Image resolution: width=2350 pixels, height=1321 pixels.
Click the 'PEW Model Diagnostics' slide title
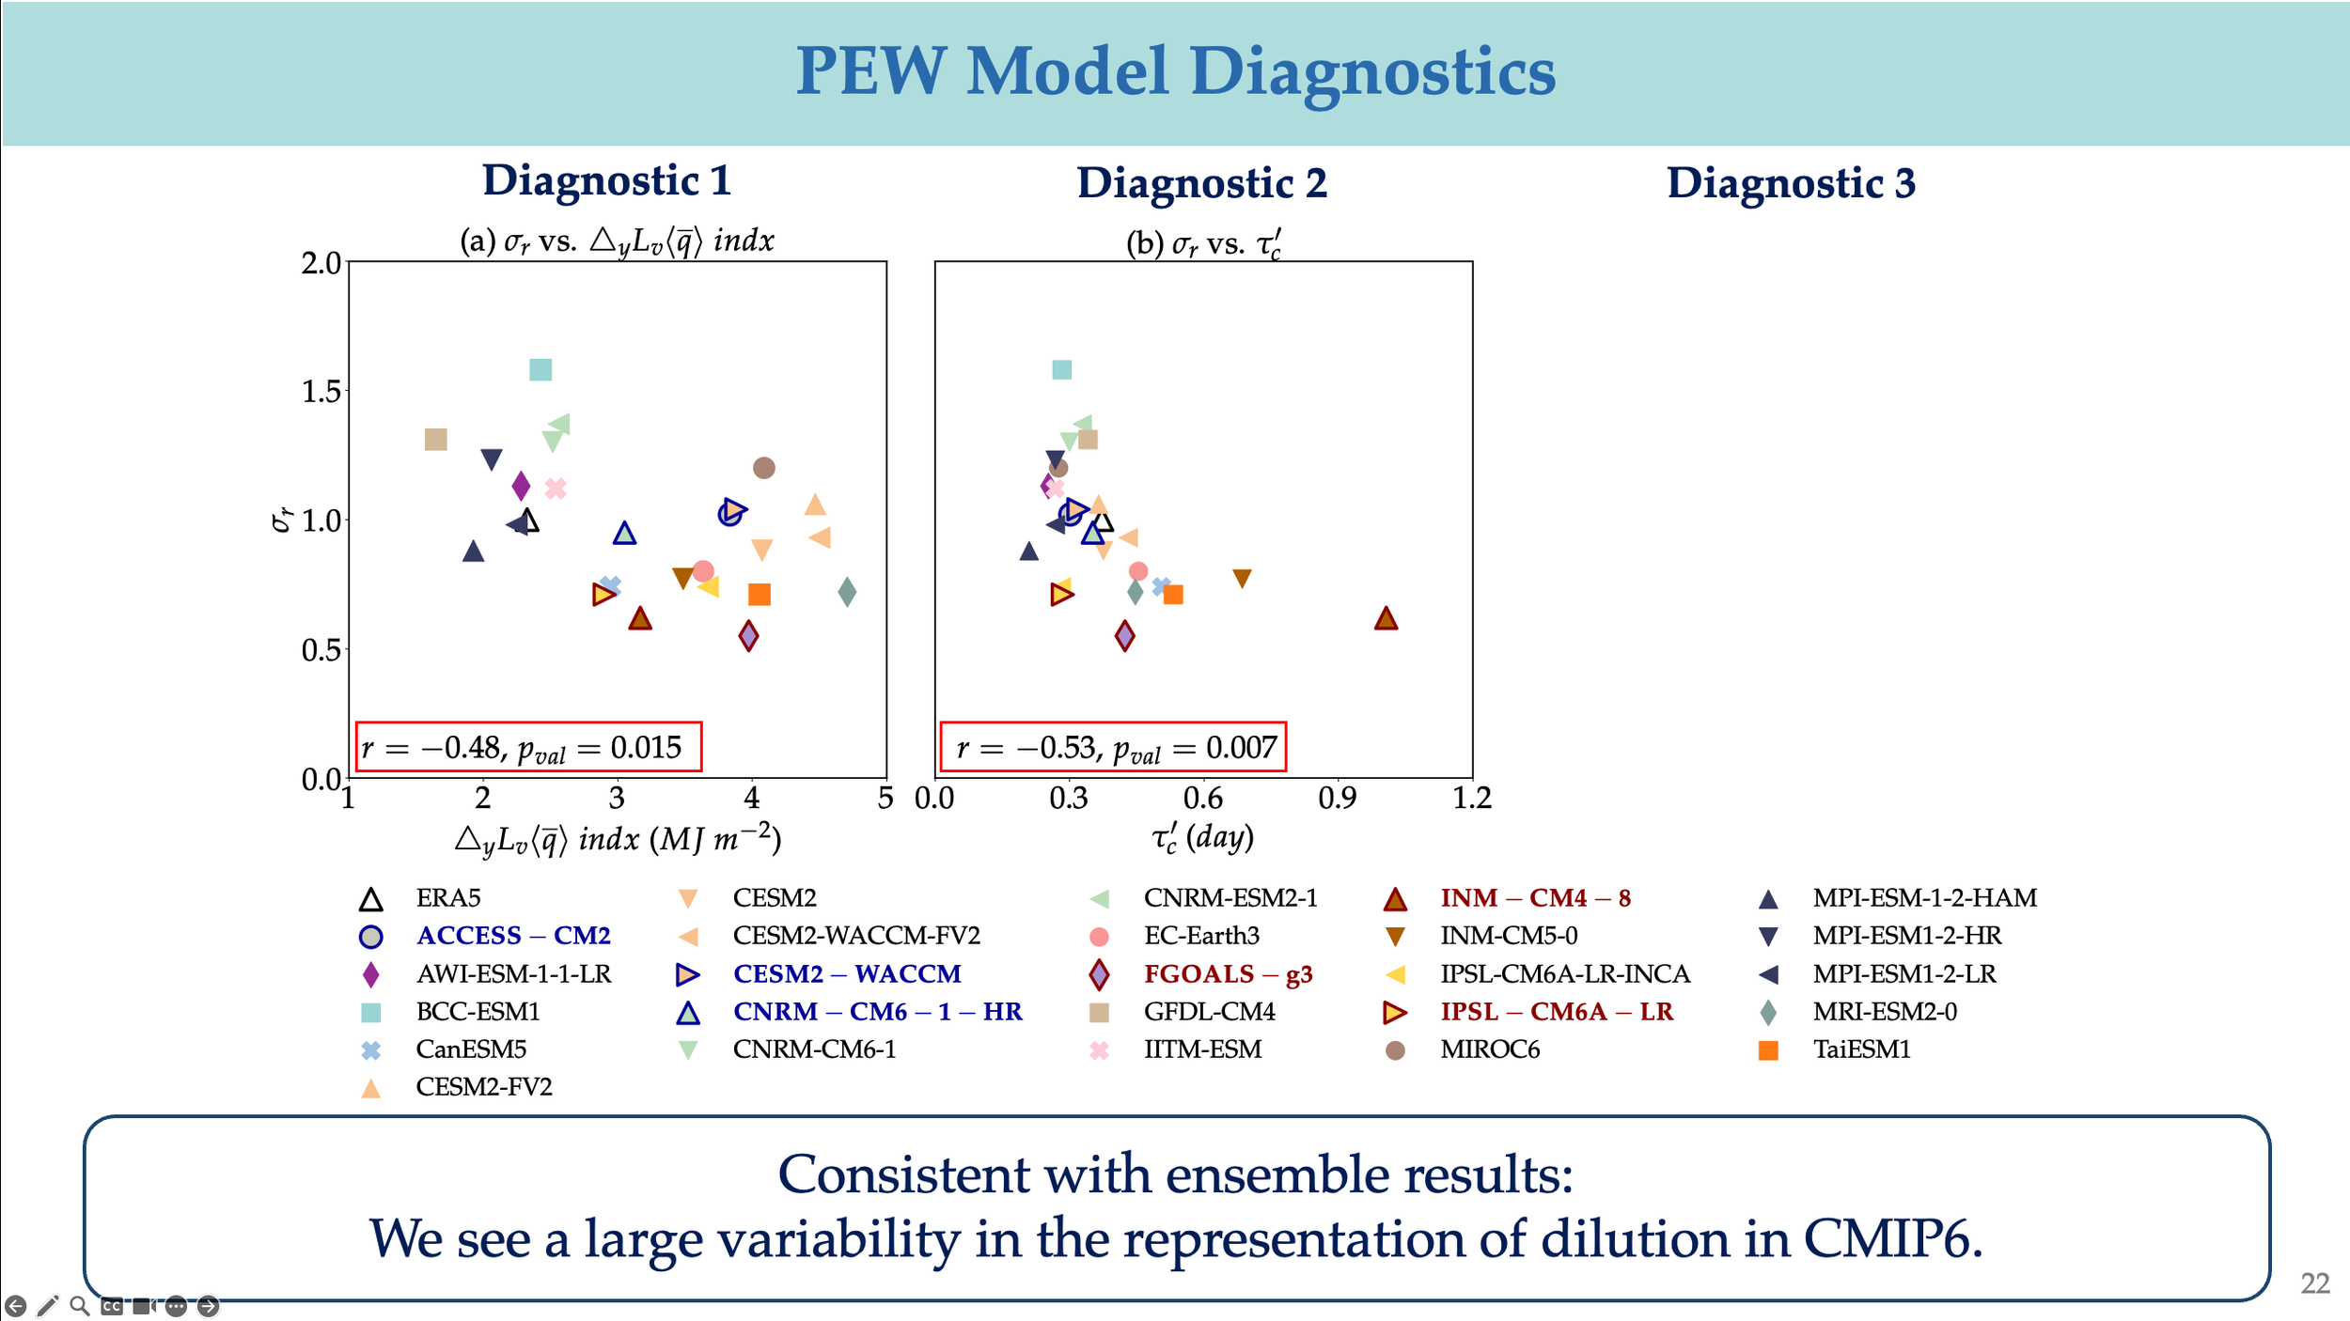click(1175, 71)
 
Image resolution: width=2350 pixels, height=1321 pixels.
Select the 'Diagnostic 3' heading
click(1791, 183)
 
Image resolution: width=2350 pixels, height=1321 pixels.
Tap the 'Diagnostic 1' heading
click(606, 180)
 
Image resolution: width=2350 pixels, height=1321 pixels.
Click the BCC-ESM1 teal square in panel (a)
click(540, 370)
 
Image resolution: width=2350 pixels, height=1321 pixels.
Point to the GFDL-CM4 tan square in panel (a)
click(435, 440)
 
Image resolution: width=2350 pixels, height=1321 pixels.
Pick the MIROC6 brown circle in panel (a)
click(764, 468)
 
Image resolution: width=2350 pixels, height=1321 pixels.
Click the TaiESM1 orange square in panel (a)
click(760, 595)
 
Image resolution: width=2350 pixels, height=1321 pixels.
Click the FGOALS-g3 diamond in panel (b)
click(1125, 637)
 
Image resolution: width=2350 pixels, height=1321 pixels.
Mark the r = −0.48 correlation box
click(528, 748)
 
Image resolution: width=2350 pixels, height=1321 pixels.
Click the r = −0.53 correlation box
click(1113, 748)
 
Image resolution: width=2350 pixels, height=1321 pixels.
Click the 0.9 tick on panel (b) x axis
click(1337, 799)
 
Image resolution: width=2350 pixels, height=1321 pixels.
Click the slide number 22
click(2314, 1283)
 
